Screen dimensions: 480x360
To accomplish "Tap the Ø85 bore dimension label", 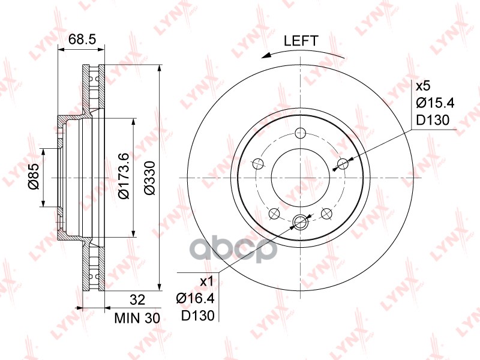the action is pyautogui.click(x=34, y=176).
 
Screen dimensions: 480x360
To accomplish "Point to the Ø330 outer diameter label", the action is pyautogui.click(x=150, y=178).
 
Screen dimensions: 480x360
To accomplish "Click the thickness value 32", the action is pyautogui.click(x=137, y=299).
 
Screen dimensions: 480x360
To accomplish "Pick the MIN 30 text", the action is pyautogui.click(x=137, y=319).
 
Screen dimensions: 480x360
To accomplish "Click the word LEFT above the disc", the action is pyautogui.click(x=301, y=41).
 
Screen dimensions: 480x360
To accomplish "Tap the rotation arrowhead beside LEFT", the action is pyautogui.click(x=266, y=55).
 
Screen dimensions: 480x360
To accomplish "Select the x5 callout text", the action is pyautogui.click(x=423, y=86).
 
